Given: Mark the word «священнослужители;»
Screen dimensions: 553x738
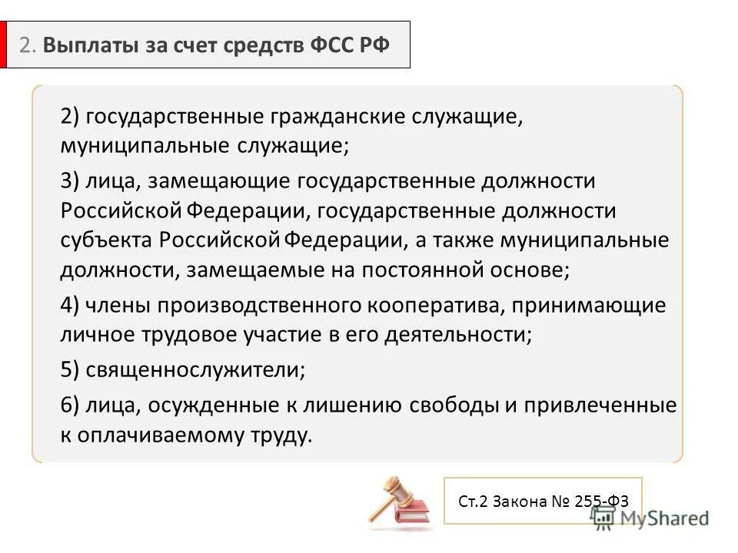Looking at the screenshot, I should (195, 370).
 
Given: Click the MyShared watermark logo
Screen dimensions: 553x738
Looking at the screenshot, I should (650, 518).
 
